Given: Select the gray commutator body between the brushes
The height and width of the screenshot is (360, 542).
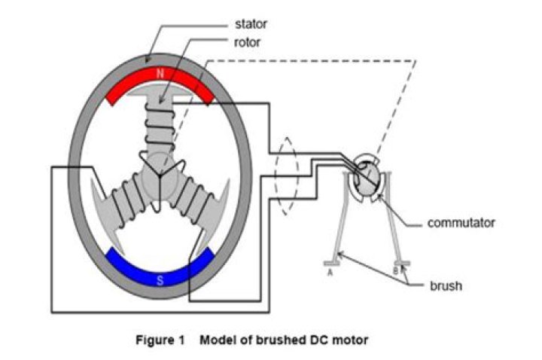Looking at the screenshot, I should click(367, 181).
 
